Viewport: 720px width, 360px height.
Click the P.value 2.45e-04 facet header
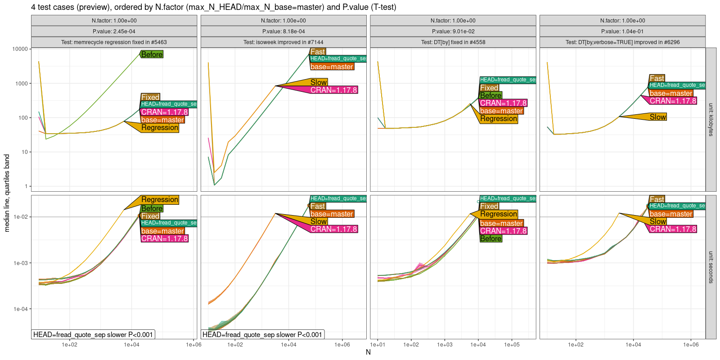[114, 31]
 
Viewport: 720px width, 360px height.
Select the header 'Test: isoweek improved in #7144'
[283, 42]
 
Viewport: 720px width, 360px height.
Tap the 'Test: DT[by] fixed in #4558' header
[453, 42]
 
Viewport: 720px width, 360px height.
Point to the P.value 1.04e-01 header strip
[622, 31]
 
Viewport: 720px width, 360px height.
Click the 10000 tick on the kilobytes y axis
[20, 49]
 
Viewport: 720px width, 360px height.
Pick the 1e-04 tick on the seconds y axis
[20, 309]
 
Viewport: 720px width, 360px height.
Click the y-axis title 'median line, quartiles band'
[7, 193]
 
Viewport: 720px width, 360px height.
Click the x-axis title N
[368, 352]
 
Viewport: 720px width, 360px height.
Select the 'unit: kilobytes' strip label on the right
[711, 120]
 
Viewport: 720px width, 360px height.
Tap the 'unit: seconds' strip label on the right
[711, 267]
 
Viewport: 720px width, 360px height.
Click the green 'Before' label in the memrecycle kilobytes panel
[152, 54]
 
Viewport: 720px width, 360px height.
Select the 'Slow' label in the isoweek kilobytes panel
[319, 82]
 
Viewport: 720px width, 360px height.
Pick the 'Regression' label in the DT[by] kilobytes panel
[499, 119]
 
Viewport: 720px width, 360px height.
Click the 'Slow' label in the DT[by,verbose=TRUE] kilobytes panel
[657, 117]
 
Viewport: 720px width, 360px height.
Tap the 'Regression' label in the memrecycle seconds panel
[160, 200]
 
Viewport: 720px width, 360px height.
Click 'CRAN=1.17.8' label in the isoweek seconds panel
[333, 229]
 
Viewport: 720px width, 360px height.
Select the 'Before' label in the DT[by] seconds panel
[490, 238]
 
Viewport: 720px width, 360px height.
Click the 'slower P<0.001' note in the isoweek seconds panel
[262, 334]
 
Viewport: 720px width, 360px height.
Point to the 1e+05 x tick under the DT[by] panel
[512, 345]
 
